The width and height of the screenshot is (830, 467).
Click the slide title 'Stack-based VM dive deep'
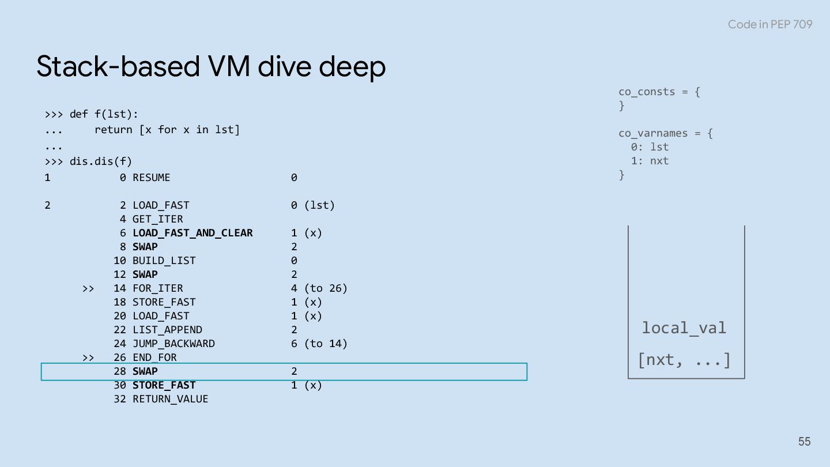(x=211, y=66)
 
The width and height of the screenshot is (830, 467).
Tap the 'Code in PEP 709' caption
(x=769, y=24)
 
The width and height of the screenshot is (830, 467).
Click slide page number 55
(x=804, y=442)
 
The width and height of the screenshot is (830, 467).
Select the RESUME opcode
(x=152, y=178)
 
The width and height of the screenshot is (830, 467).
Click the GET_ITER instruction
(x=157, y=219)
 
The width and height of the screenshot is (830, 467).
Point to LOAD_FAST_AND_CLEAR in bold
(x=193, y=233)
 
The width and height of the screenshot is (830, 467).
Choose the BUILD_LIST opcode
(x=164, y=261)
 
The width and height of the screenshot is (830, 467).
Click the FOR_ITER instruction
(x=157, y=288)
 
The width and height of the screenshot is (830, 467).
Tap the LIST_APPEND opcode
(x=167, y=330)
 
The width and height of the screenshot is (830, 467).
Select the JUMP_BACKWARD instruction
(x=173, y=344)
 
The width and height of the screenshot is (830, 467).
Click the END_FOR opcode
(x=154, y=357)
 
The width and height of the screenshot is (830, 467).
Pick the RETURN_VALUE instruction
(x=170, y=399)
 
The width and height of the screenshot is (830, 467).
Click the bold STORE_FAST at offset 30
(x=164, y=385)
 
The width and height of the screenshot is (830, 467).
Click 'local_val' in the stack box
(x=684, y=328)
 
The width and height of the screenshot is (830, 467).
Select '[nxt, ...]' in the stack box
(x=684, y=360)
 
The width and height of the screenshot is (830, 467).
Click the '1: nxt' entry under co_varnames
(x=650, y=161)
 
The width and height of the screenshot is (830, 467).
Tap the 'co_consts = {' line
(x=659, y=92)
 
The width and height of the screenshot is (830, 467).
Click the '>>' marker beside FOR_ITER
(x=88, y=288)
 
